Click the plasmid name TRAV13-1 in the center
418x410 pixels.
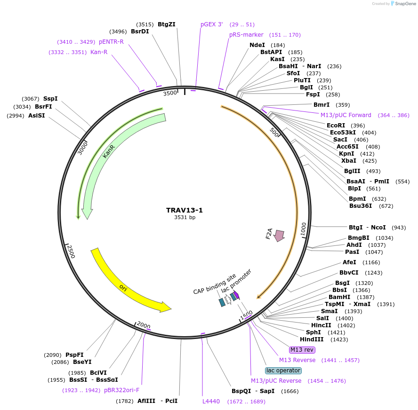point(185,210)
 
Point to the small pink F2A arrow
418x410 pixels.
point(279,235)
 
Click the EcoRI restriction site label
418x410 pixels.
point(336,126)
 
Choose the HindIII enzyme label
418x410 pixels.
point(312,339)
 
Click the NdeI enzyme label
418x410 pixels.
point(257,45)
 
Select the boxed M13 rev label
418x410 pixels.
point(302,350)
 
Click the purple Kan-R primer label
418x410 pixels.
point(99,52)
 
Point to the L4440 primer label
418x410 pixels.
point(211,402)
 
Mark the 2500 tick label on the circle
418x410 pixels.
point(71,252)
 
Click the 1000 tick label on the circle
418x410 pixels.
point(304,229)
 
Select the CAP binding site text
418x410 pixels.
point(215,284)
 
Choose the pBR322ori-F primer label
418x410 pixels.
point(121,390)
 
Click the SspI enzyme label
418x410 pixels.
point(50,99)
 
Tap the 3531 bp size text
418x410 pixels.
point(185,218)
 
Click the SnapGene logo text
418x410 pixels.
point(406,4)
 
